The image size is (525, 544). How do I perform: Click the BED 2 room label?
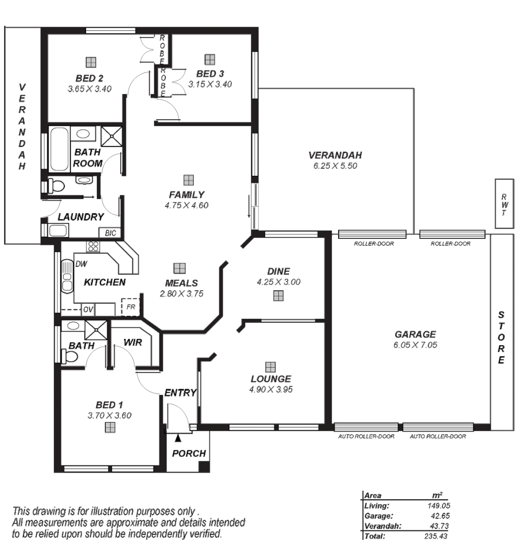(x=90, y=78)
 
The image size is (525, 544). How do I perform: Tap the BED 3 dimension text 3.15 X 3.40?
(x=210, y=85)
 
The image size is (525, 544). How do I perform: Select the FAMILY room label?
(x=186, y=194)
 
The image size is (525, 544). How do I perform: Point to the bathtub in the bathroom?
(x=59, y=149)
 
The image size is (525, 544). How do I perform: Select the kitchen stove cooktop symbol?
(x=93, y=246)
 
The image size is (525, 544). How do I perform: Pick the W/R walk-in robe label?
(x=133, y=343)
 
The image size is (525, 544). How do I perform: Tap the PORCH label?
(x=189, y=453)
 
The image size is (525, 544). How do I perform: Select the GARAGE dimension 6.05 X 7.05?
(x=415, y=345)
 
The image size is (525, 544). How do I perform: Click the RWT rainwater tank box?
(x=504, y=203)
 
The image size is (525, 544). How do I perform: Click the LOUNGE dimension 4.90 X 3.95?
(x=271, y=389)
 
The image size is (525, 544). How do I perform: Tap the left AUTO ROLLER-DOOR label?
(x=366, y=437)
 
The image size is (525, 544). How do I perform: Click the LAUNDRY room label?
(x=81, y=217)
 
